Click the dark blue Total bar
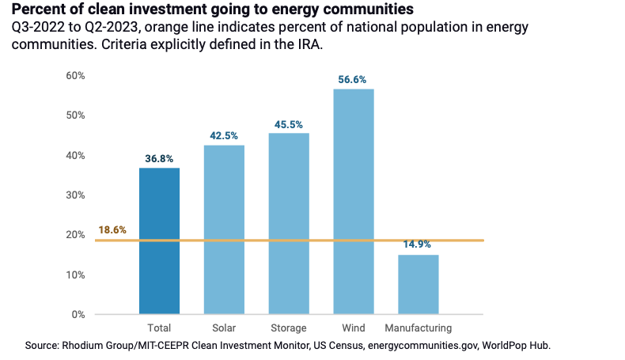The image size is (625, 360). coord(159,241)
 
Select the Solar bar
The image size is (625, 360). coord(224,229)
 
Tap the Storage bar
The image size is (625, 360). coord(289,223)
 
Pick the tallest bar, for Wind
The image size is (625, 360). coord(354,201)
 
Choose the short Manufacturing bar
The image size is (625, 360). coord(418,284)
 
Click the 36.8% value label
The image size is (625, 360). coord(159,158)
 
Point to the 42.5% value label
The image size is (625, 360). coord(224,135)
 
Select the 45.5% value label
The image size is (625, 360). coord(289,124)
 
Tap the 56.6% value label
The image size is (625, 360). coord(354,79)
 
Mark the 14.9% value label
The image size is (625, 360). coord(418,245)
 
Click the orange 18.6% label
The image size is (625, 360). coord(112,230)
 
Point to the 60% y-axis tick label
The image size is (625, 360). coord(75,75)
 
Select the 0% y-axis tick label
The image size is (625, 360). coord(78,314)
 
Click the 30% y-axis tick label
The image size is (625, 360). coord(75,195)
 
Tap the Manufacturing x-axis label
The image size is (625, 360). coord(418,328)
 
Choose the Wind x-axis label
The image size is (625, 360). coord(354,328)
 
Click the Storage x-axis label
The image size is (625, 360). coord(289,328)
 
